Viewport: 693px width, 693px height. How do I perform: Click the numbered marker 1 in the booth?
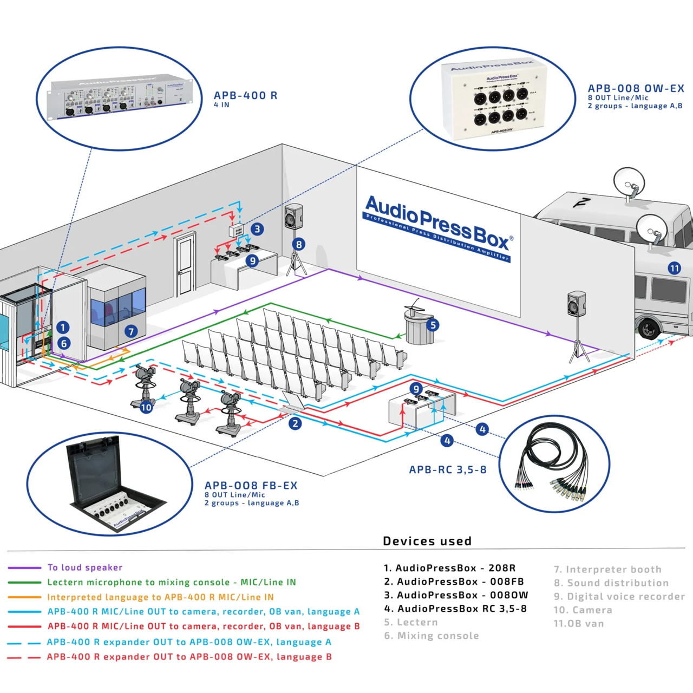pos(63,327)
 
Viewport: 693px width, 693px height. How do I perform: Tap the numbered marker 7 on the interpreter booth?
pos(131,331)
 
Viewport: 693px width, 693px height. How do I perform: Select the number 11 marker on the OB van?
pos(674,268)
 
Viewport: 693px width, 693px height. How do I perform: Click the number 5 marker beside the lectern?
pos(433,325)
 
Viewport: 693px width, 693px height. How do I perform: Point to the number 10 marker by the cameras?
pos(146,407)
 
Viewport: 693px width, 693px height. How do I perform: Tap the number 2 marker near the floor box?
pos(295,423)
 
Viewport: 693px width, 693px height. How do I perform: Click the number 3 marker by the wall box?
pos(257,229)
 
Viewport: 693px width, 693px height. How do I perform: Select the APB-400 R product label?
pos(245,95)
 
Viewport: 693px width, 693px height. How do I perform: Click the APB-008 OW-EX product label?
pos(636,88)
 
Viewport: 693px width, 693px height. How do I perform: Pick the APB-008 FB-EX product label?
pos(251,486)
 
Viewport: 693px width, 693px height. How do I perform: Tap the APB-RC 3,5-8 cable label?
pos(447,469)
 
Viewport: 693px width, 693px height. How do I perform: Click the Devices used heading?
pos(427,541)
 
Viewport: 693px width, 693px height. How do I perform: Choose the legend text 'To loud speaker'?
pos(85,567)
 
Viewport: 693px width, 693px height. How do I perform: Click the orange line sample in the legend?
pos(24,597)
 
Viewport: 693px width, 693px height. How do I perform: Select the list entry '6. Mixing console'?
pos(432,636)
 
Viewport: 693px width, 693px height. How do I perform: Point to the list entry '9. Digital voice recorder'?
pos(619,596)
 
